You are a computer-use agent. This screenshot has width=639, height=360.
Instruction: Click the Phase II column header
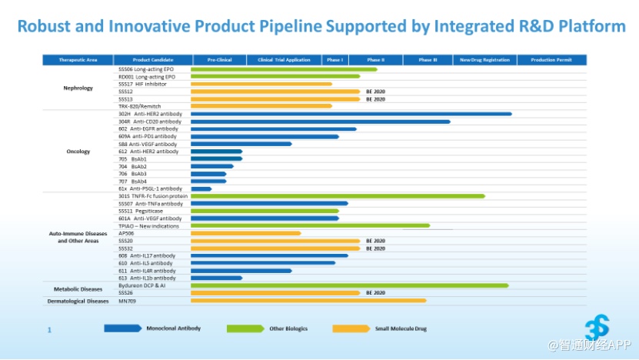coord(375,60)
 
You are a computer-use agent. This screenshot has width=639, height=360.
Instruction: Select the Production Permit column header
coord(551,60)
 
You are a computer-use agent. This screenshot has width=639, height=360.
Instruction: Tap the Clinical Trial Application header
coord(284,60)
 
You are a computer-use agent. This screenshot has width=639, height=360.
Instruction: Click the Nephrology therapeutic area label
coord(78,88)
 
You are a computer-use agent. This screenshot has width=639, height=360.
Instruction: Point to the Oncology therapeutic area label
coord(78,152)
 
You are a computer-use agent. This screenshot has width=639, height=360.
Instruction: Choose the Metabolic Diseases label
coord(78,289)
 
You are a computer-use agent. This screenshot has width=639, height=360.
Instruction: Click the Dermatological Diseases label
coord(78,302)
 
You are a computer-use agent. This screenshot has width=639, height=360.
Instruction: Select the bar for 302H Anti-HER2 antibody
coord(351,114)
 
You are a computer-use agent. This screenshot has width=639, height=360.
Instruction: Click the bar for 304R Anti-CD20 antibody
coord(320,122)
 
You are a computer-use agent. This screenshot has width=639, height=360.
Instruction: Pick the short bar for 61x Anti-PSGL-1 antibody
coord(201,188)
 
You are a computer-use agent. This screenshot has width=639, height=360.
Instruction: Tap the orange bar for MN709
coord(308,301)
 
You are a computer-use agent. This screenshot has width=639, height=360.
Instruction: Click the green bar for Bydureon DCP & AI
coord(349,285)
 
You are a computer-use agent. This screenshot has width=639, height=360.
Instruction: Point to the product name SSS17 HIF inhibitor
coord(142,84)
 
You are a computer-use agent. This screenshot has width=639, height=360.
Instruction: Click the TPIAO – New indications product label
coord(148,226)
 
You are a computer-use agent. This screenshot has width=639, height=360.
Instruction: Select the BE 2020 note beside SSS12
coord(375,92)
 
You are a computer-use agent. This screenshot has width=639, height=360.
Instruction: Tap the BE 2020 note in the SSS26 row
coord(375,293)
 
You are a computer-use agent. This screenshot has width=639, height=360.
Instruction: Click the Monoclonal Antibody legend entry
coord(173,328)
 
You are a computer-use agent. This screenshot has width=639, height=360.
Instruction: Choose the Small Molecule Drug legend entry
coord(401,328)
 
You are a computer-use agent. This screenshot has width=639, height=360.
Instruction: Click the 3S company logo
coord(597,325)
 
